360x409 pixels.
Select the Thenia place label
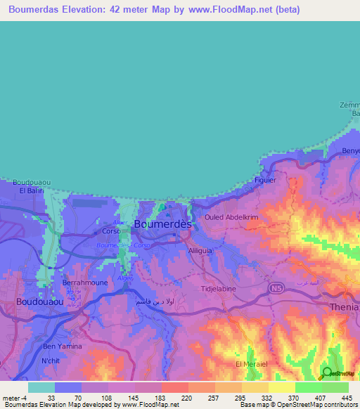[344, 307]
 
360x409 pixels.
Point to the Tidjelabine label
[221, 288]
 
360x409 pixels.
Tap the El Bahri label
[32, 190]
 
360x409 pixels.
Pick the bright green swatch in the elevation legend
[308, 387]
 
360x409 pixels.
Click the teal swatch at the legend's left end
[41, 387]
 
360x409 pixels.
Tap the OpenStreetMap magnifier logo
[326, 372]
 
